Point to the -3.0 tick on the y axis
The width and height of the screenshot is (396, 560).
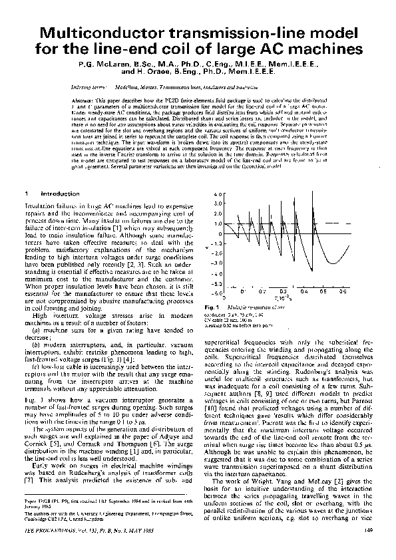coord(217,263)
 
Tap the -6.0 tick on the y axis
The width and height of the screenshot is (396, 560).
coord(217,293)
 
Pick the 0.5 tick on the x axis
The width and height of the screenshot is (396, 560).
coord(323,291)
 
